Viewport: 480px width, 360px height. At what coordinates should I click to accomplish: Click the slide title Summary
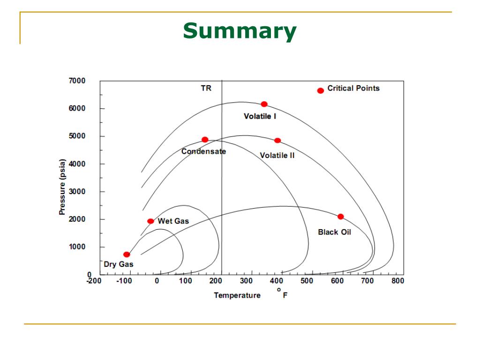[240, 31]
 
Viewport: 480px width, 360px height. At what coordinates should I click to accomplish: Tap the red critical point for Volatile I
[264, 104]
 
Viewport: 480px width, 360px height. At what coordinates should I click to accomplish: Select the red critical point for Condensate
[205, 140]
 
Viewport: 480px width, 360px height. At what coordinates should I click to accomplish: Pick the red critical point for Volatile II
[277, 141]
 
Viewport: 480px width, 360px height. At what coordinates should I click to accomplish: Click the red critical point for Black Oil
[341, 217]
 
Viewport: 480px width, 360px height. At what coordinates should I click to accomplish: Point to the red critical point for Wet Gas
[150, 221]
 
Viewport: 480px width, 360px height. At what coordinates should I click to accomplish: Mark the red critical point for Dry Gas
[127, 255]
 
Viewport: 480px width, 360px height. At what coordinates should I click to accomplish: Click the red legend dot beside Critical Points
[321, 90]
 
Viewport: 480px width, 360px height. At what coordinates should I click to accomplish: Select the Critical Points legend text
[353, 88]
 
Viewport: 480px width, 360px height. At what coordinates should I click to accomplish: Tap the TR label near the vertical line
[206, 88]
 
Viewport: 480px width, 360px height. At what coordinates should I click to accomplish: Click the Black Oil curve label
[334, 232]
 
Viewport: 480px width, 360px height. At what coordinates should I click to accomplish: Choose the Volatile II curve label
[277, 155]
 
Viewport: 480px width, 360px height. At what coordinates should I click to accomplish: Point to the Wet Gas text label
[173, 221]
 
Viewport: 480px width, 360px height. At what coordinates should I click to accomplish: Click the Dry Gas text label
[119, 264]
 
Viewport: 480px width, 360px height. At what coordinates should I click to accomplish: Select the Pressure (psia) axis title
[62, 187]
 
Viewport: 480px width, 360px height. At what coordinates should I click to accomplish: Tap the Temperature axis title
[237, 295]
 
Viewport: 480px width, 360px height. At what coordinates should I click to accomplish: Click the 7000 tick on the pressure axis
[77, 81]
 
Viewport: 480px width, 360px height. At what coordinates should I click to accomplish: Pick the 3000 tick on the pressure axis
[77, 191]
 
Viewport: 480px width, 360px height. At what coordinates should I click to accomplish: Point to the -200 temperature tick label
[94, 281]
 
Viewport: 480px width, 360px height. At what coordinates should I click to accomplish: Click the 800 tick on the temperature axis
[397, 281]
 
